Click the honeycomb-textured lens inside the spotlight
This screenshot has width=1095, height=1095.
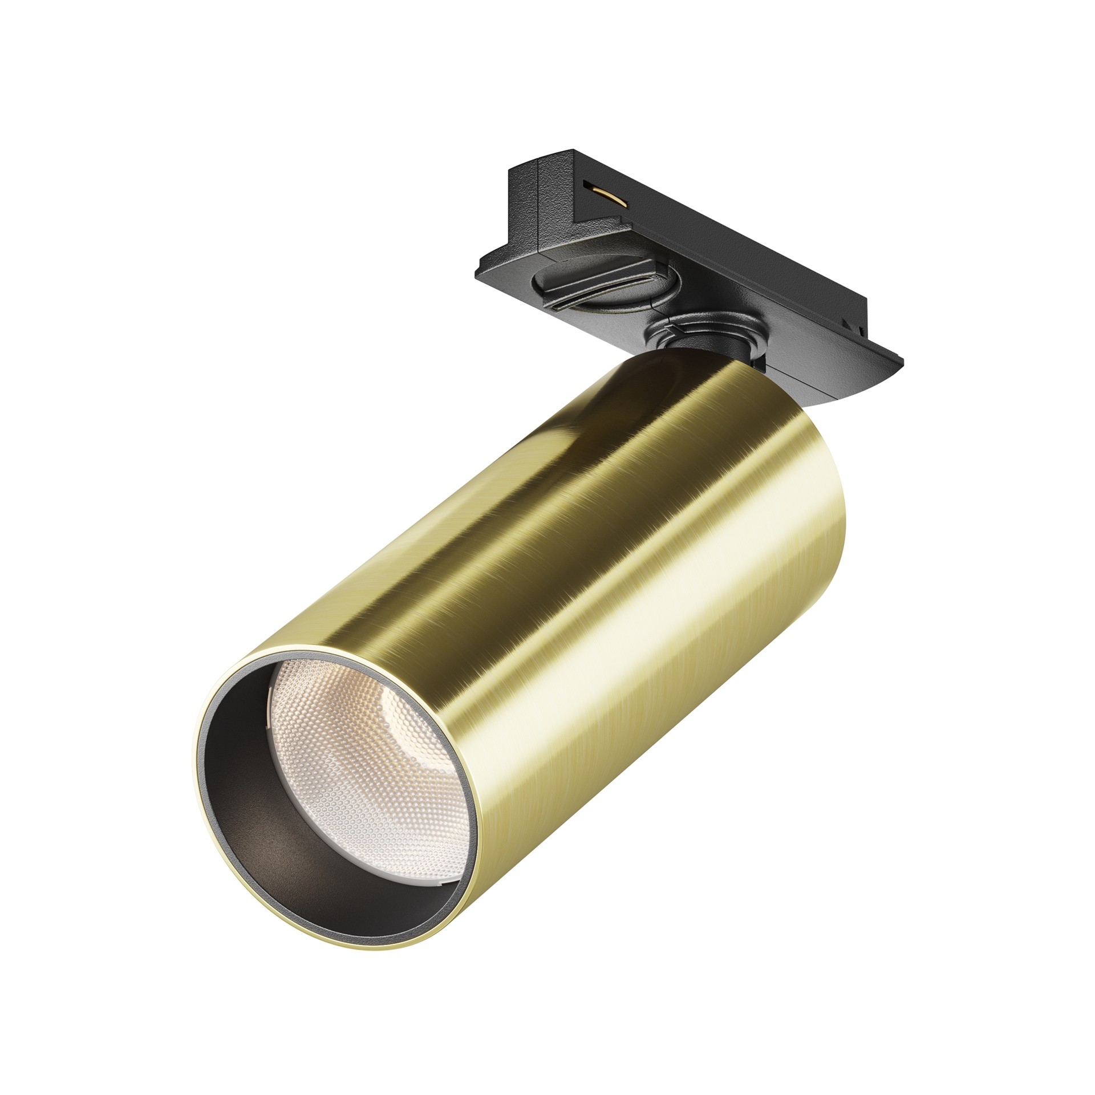click(x=365, y=759)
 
